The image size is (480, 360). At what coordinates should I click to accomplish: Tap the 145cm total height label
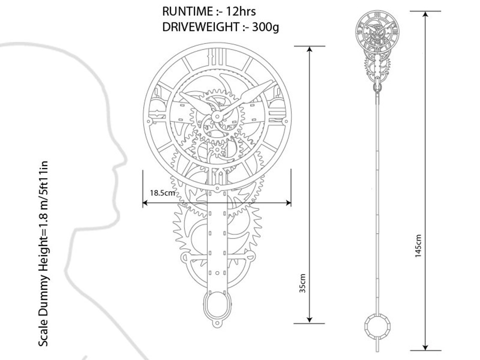pyautogui.click(x=418, y=246)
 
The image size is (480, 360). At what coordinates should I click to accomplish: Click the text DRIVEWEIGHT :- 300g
pyautogui.click(x=220, y=27)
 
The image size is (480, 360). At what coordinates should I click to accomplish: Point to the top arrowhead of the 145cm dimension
pyautogui.click(x=425, y=14)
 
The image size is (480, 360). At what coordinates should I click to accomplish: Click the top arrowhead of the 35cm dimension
pyautogui.click(x=309, y=49)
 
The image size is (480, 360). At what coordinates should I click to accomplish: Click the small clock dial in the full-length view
pyautogui.click(x=377, y=30)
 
